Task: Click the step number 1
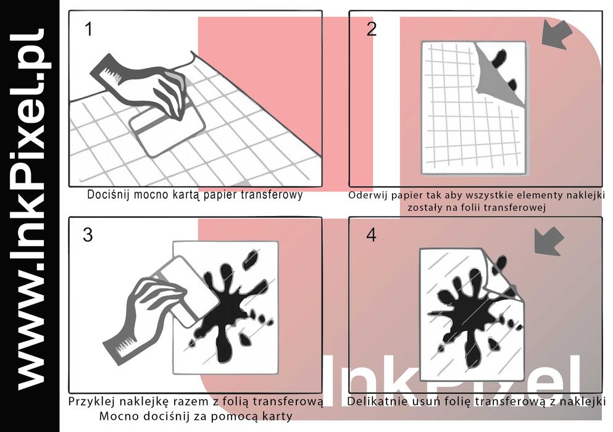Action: [90, 30]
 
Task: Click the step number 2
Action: [372, 29]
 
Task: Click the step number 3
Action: [88, 235]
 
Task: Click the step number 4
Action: [372, 235]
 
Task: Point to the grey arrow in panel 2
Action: [557, 35]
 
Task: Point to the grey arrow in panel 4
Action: [549, 241]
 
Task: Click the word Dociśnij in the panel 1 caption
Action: [108, 194]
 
